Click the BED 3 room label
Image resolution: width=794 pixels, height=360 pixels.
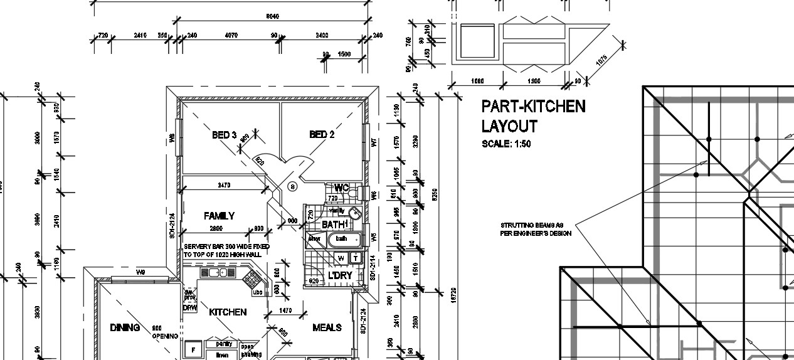pyautogui.click(x=224, y=135)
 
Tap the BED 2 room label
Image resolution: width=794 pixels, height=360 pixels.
pyautogui.click(x=322, y=135)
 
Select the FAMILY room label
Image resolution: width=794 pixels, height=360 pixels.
pyautogui.click(x=219, y=216)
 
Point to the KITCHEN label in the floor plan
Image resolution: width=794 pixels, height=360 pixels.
pyautogui.click(x=228, y=312)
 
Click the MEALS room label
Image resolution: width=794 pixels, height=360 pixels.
pyautogui.click(x=327, y=327)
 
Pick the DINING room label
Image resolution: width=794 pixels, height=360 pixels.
pyautogui.click(x=125, y=327)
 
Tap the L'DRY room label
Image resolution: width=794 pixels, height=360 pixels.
pyautogui.click(x=341, y=275)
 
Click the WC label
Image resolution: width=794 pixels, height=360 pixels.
pyautogui.click(x=341, y=188)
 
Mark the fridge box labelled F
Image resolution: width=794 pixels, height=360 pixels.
pyautogui.click(x=194, y=349)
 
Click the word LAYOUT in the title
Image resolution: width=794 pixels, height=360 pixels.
pyautogui.click(x=509, y=126)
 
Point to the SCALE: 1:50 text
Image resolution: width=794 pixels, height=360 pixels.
pyautogui.click(x=506, y=144)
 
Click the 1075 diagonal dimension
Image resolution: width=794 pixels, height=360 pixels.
pyautogui.click(x=601, y=61)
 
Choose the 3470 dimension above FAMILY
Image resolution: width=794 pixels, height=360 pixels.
pyautogui.click(x=223, y=185)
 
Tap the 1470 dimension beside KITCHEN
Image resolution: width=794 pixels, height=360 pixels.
pyautogui.click(x=285, y=310)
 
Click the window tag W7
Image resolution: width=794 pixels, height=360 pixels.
pyautogui.click(x=373, y=143)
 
